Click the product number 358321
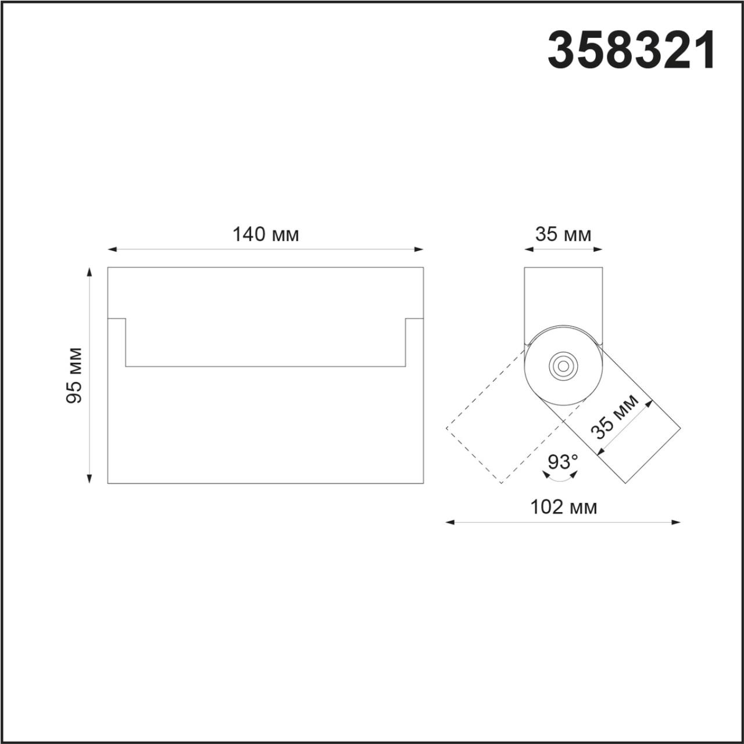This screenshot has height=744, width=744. tap(632, 51)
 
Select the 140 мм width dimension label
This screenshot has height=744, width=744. tap(266, 235)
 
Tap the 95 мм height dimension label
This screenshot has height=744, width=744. tap(74, 375)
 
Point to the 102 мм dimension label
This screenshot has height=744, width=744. tap(563, 507)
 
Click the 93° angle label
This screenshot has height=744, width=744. tap(563, 462)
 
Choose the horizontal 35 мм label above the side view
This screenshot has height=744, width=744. tap(563, 235)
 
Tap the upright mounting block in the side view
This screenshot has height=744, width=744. tap(563, 296)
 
